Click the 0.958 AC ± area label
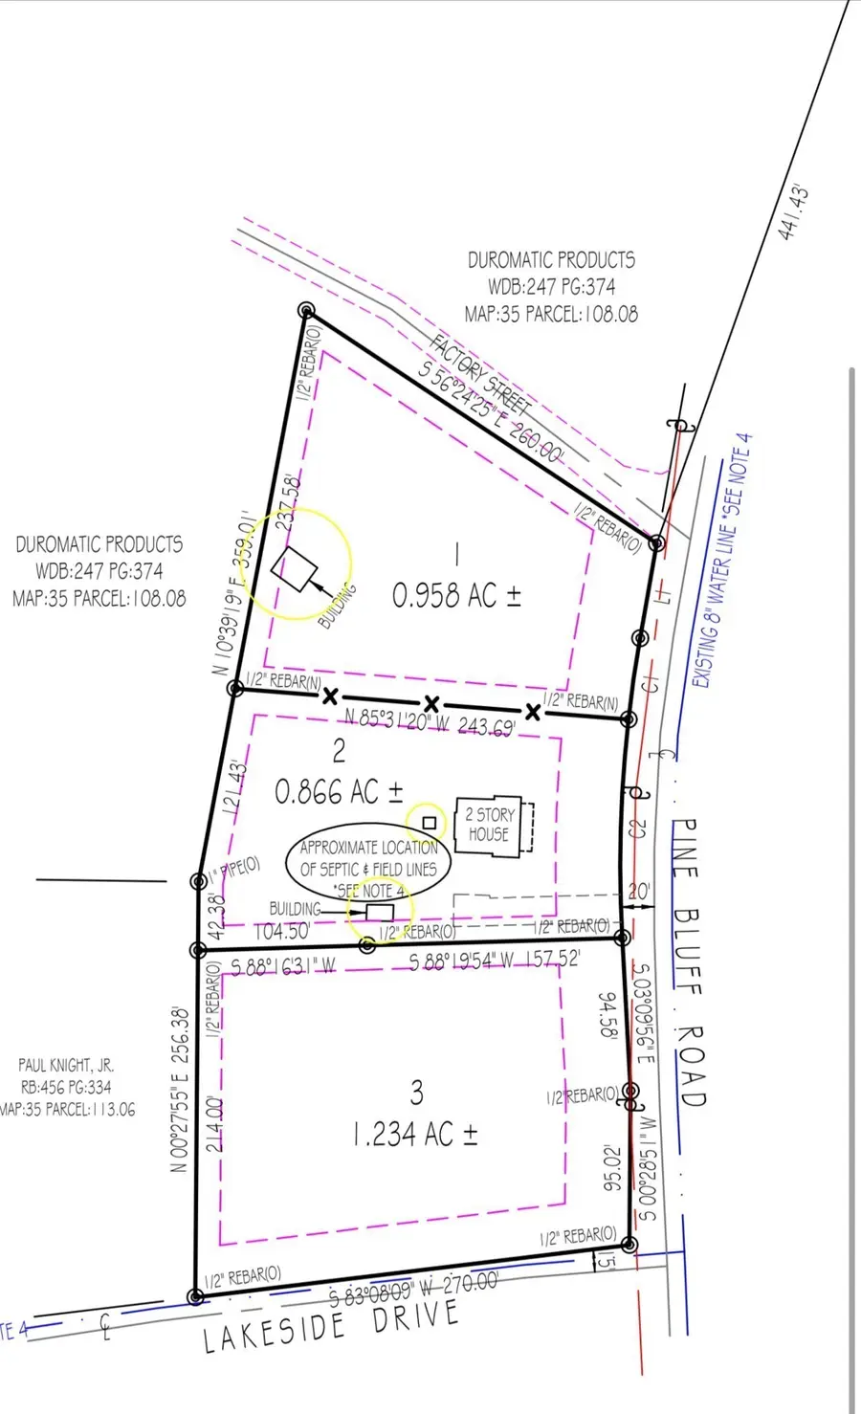pos(456,595)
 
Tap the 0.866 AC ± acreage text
pos(339,791)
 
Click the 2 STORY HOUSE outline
pos(490,825)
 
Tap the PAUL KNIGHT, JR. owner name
pos(67,1065)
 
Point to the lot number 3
pos(416,1091)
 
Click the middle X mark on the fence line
pos(431,704)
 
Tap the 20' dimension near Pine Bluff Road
pos(638,892)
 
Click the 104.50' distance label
pos(281,931)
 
